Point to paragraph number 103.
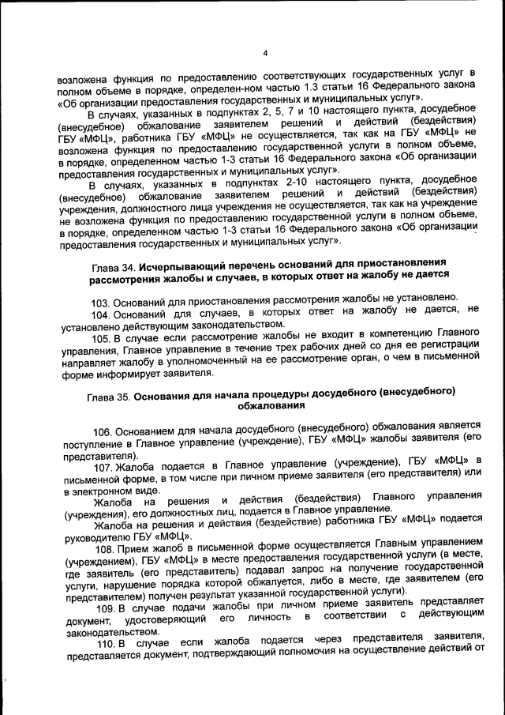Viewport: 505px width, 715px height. (x=101, y=303)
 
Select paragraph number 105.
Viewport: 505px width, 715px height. (x=101, y=339)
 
